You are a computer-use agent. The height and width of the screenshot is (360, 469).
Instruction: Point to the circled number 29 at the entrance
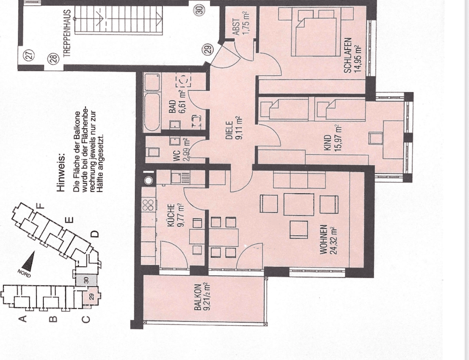coord(208,50)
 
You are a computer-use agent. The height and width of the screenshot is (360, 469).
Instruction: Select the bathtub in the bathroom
coord(152,102)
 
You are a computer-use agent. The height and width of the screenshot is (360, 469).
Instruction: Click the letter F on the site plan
coord(41,206)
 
